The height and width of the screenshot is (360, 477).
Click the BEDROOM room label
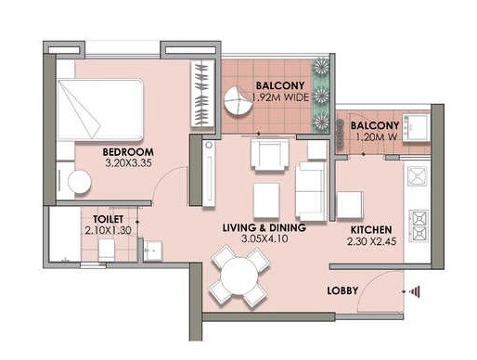[x=127, y=152]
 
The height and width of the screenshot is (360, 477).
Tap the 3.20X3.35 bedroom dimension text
[x=127, y=165]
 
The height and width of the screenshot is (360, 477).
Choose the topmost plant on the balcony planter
[x=323, y=67]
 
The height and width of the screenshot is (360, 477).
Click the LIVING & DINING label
[x=259, y=227]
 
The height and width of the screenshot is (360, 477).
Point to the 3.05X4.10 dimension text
[x=259, y=239]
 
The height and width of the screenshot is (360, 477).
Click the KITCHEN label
[x=371, y=229]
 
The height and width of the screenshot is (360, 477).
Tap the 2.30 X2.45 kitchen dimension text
[x=371, y=241]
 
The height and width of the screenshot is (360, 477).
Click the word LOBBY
[x=343, y=291]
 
